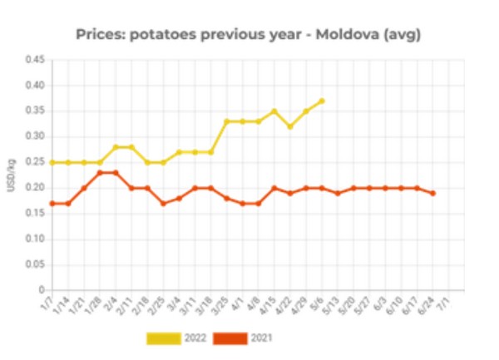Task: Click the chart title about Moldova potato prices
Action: click(249, 34)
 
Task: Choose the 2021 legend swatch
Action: click(230, 338)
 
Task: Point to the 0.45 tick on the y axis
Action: click(34, 60)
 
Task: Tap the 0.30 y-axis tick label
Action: click(34, 136)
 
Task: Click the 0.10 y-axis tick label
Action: click(34, 239)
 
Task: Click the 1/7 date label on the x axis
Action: click(47, 303)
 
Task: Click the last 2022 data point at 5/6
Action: click(321, 101)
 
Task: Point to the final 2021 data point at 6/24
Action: click(433, 193)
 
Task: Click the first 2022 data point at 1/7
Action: click(52, 163)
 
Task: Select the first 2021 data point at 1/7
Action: click(52, 204)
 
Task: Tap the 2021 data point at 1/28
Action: click(100, 173)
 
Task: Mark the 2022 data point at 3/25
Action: click(226, 121)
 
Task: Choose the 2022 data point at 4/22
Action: click(289, 127)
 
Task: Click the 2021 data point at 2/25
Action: click(163, 204)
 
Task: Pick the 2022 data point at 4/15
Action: click(274, 111)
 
